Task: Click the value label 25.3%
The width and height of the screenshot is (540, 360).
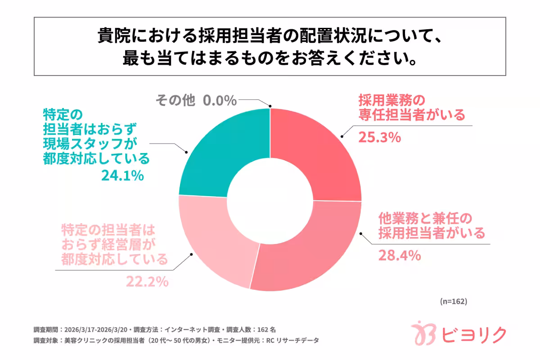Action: click(x=379, y=138)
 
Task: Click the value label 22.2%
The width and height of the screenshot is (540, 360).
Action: click(x=147, y=282)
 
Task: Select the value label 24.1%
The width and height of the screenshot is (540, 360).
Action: click(x=122, y=175)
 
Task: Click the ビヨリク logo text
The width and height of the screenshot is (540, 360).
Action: click(x=474, y=335)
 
